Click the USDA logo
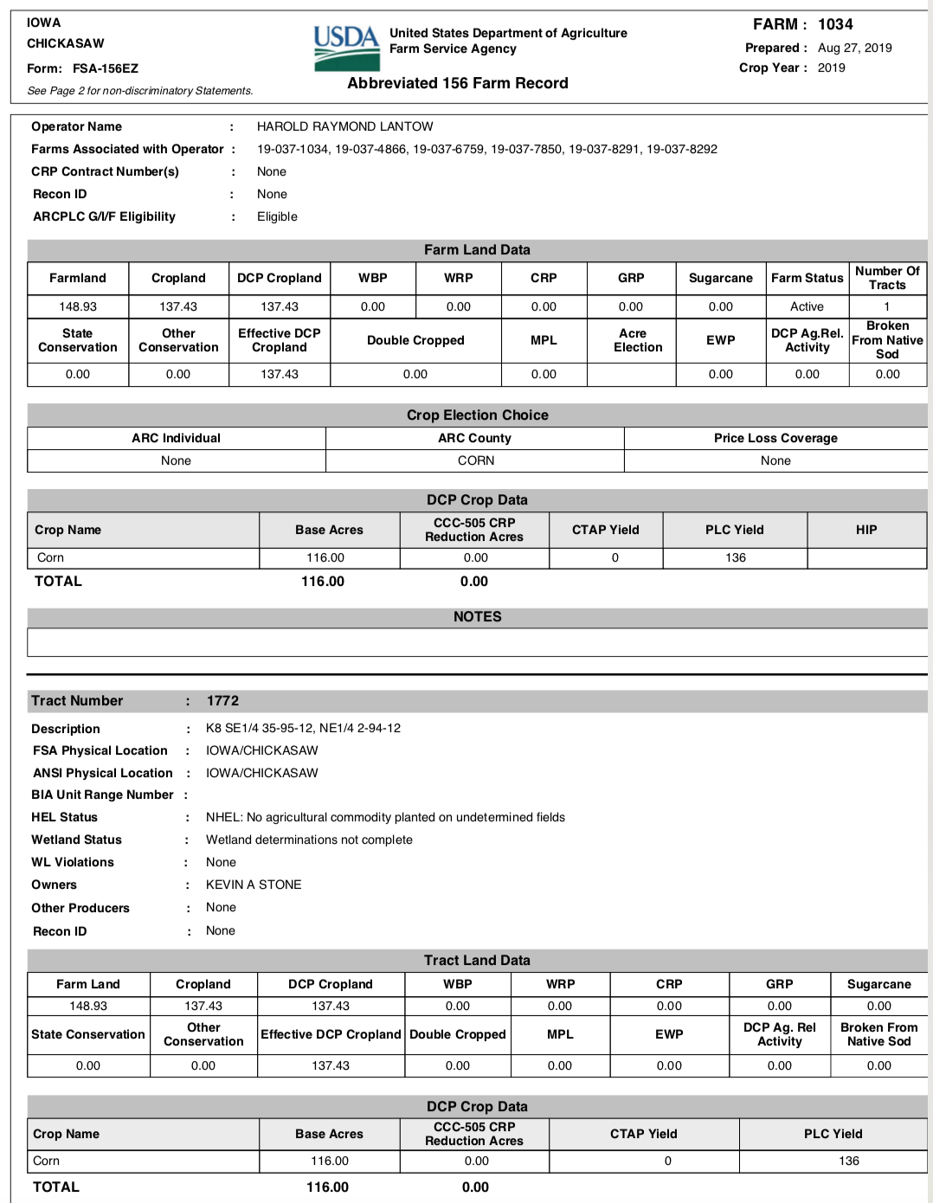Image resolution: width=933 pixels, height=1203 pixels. point(346,48)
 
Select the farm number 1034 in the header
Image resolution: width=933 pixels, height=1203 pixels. point(835,24)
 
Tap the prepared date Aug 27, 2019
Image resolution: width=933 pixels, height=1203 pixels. point(854,48)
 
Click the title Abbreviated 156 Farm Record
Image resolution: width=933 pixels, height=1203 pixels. point(458,83)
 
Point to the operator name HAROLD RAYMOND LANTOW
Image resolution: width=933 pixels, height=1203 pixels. point(344,126)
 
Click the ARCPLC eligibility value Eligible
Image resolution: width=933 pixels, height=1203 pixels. point(277,216)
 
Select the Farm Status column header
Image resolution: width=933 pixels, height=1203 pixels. point(807,278)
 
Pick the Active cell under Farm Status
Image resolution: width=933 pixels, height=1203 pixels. point(807,306)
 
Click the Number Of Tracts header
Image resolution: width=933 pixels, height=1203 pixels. point(887,278)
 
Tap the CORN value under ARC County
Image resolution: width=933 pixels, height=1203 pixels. point(476,460)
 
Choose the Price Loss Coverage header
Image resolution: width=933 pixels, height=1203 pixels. point(775,438)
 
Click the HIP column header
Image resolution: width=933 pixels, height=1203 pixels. point(866,530)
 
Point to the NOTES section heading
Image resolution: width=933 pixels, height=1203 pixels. point(477,616)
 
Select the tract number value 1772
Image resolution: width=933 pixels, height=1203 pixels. point(222,701)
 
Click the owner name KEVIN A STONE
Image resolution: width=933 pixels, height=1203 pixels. point(254,885)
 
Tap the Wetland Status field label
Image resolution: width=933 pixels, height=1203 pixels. point(76,840)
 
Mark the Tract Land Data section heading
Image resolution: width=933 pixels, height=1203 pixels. point(477,960)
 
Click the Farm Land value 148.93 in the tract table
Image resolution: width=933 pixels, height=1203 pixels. point(88,1006)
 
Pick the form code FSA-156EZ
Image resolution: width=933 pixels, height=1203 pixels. point(106,68)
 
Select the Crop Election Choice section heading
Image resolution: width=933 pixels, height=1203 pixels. point(477,415)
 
